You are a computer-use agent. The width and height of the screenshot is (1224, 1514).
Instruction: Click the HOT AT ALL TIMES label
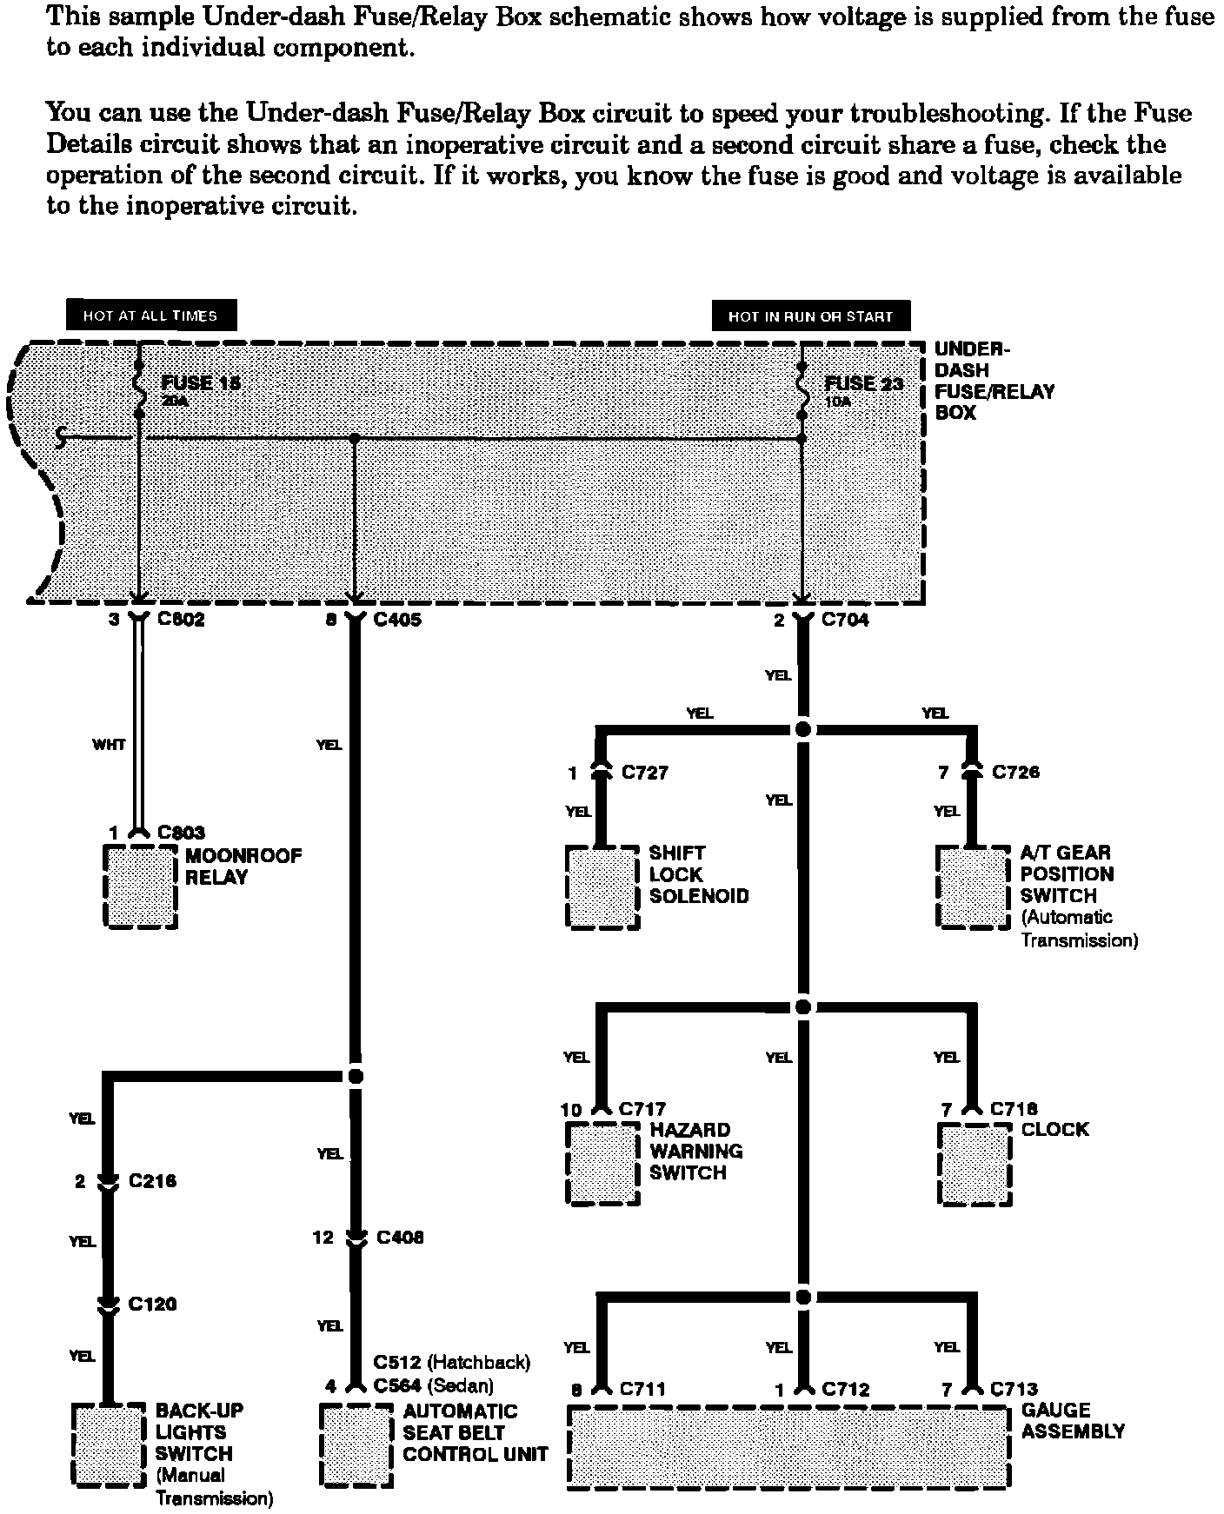click(150, 316)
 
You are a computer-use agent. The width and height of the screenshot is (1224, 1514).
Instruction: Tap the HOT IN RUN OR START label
click(810, 316)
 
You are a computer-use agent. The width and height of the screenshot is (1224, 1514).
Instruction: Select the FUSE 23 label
click(863, 383)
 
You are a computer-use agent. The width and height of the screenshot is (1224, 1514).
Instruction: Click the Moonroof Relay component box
click(141, 886)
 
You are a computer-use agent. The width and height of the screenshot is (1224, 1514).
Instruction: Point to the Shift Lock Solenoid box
click(602, 887)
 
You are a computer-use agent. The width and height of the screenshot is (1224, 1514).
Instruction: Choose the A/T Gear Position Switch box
click(974, 887)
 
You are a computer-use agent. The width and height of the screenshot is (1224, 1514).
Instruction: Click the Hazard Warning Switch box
click(602, 1164)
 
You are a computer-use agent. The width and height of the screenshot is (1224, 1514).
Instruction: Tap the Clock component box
click(975, 1165)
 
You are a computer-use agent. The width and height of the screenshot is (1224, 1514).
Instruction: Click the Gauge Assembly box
click(788, 1446)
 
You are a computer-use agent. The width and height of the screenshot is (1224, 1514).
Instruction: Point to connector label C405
click(397, 621)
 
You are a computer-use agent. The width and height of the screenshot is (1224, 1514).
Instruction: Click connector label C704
click(845, 621)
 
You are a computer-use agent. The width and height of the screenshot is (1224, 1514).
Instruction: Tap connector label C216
click(152, 1182)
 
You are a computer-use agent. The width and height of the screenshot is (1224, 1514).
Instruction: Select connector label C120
click(152, 1305)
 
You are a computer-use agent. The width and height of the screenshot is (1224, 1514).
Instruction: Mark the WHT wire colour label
click(109, 745)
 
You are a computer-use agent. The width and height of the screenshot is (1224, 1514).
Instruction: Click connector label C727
click(644, 773)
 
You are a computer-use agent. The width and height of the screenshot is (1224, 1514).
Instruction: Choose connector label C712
click(846, 1390)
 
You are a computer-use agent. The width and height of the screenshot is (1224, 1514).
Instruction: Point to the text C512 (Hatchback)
click(451, 1362)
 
